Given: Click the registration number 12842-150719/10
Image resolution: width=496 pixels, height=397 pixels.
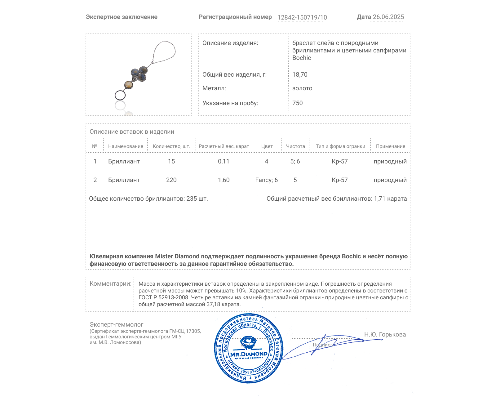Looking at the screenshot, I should coord(302,17).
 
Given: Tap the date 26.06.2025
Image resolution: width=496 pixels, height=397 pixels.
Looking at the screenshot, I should coord(388,17).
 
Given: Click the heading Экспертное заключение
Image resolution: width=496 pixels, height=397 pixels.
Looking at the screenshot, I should coord(122,17).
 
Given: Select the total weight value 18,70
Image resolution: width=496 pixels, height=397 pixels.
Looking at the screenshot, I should coord(300,74).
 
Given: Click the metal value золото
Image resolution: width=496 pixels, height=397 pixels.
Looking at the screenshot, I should coord(302,88).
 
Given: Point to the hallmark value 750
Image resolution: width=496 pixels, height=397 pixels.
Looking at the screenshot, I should coord(297,103).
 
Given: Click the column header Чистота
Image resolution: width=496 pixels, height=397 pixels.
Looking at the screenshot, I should coord(295,146).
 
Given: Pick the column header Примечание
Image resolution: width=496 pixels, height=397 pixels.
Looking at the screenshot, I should coord(390,146).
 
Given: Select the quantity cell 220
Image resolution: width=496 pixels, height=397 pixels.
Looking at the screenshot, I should coord(171,180).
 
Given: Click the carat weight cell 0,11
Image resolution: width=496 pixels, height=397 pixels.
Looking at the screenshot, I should coord(224,161).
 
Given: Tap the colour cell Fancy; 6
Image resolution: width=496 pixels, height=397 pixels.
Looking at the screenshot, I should coord(266,180).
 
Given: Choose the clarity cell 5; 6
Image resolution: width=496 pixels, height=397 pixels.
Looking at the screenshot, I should coord(295,161).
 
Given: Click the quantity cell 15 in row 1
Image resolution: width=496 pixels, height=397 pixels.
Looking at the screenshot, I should coord(171,161).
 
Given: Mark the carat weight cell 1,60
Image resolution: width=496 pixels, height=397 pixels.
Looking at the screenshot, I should coord(224,180).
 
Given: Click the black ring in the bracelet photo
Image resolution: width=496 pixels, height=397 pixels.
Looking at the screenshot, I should coord(120,95).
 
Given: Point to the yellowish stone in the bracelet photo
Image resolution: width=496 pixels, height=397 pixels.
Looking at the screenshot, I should coord(128,84).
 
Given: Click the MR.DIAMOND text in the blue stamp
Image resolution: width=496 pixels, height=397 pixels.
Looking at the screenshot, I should coord(249,354).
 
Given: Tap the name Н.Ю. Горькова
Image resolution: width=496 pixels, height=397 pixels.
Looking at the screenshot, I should coord(385,334).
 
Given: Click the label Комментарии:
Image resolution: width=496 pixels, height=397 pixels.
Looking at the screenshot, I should coord(110,283).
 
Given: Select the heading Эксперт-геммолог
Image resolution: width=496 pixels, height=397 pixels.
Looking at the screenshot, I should coord(116,324).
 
